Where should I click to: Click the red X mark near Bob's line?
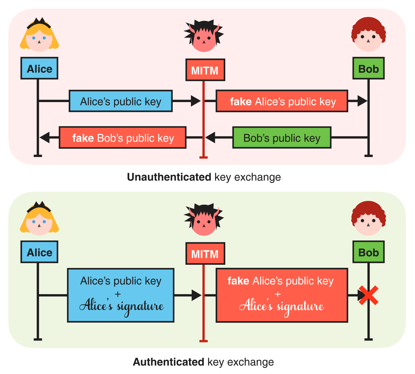click(368, 295)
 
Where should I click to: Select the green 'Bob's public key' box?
click(282, 138)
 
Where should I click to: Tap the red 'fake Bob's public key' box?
click(122, 138)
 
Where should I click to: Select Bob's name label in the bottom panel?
click(368, 252)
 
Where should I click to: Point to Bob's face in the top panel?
click(368, 37)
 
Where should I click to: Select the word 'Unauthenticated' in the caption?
click(169, 177)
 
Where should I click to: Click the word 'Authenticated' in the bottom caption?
click(169, 362)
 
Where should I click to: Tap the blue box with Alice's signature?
click(121, 295)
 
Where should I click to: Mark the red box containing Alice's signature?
click(282, 295)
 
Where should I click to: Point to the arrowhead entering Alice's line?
click(45, 138)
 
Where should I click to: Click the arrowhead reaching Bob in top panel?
click(362, 101)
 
